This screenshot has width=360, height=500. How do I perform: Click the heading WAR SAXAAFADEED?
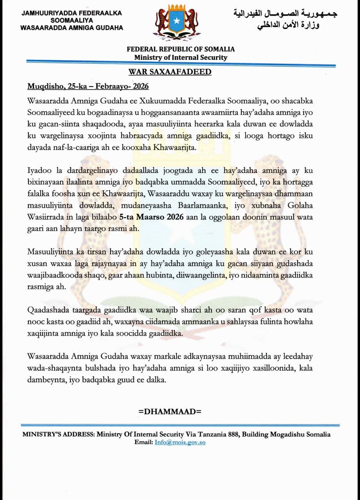[170, 72]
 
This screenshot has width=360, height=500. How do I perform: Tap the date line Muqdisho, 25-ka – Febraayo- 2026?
[88, 86]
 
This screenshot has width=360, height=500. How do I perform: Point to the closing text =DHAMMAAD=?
[170, 411]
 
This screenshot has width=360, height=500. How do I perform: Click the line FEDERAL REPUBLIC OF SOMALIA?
[181, 50]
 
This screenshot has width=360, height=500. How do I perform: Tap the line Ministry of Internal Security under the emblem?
[180, 57]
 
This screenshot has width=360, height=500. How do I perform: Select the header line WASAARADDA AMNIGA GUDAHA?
[71, 28]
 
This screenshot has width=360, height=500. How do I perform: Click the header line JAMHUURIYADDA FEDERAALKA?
[71, 13]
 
